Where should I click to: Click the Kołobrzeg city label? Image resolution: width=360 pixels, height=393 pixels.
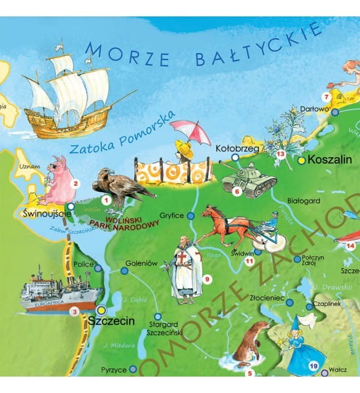pos(238,149)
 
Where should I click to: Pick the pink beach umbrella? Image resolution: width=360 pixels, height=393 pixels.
pos(190,131)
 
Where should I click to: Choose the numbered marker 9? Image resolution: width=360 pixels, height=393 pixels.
pos(207,280)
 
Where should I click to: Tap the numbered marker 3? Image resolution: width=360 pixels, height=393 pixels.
pos(75,312)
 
